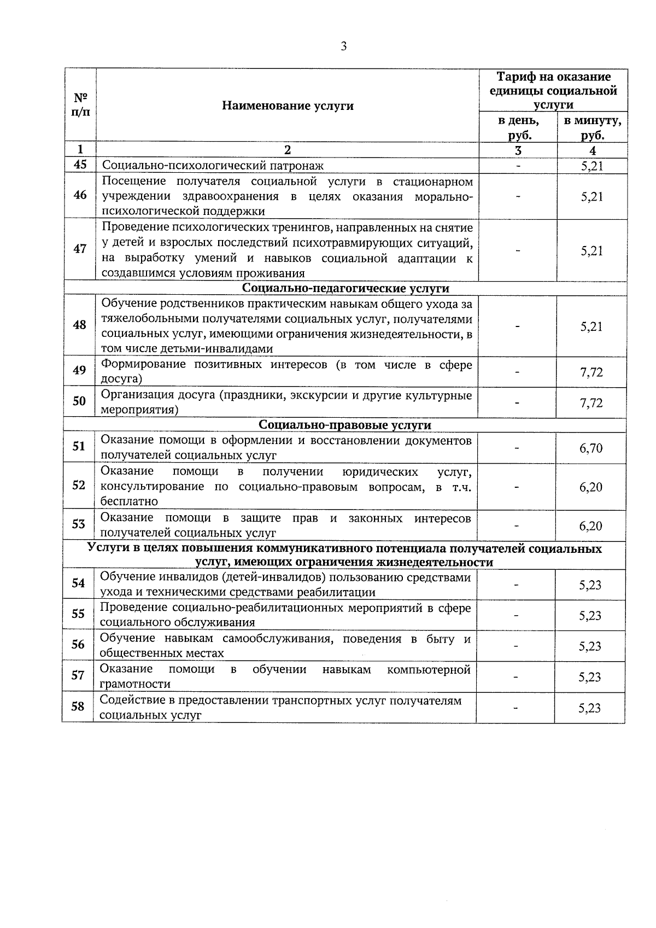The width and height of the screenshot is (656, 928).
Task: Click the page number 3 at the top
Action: [x=343, y=46]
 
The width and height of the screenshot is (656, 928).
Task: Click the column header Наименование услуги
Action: [x=288, y=106]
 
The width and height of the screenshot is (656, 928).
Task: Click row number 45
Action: [x=80, y=165]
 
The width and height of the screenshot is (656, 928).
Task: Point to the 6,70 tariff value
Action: [x=591, y=448]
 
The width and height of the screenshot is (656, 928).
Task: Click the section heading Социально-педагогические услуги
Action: [x=345, y=288]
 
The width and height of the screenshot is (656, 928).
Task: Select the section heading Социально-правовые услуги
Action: [x=345, y=425]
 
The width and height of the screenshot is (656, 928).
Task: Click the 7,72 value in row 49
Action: [x=591, y=372]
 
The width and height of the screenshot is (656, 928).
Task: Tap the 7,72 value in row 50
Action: [x=591, y=403]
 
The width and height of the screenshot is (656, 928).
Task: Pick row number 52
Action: [x=79, y=485]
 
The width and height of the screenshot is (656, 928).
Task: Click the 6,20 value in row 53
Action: [x=591, y=526]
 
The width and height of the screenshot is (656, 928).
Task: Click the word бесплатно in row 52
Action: [x=129, y=501]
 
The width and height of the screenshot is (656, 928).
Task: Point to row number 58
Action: [x=78, y=707]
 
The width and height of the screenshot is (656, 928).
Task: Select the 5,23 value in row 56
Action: [x=590, y=646]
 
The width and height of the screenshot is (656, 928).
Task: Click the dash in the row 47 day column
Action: [x=518, y=251]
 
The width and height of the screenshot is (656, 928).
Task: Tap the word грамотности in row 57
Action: [x=135, y=684]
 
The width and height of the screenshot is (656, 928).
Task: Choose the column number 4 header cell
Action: [x=593, y=151]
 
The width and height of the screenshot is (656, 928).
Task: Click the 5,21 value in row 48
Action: [x=592, y=326]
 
